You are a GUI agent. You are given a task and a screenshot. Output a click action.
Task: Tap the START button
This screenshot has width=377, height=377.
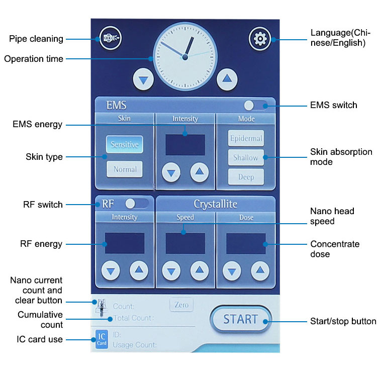tap(240, 319)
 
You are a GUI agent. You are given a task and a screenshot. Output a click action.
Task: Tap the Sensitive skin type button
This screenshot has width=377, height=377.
tap(124, 144)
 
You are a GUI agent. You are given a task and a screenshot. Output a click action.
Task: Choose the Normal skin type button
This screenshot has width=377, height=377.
tap(124, 169)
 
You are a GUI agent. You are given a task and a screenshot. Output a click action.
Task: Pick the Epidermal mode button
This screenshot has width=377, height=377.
tap(246, 138)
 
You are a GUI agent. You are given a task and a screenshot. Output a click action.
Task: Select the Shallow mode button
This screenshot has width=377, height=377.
tap(246, 158)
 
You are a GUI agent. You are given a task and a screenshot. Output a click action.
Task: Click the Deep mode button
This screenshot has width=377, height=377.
tap(246, 177)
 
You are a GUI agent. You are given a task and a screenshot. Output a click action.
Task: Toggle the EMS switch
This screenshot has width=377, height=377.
tap(255, 105)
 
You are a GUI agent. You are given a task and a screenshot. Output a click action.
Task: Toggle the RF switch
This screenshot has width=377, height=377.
tap(136, 204)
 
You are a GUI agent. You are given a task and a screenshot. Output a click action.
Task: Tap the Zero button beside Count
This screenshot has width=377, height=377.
tap(181, 305)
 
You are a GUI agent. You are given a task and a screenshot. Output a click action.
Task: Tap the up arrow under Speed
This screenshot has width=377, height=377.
tap(199, 271)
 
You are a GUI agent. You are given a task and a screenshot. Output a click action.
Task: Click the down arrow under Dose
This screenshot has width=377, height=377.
tap(232, 271)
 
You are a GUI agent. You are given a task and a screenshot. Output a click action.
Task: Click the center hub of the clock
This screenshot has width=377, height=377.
tap(184, 57)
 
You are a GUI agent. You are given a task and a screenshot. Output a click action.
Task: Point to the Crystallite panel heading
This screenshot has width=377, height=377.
tap(215, 204)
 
